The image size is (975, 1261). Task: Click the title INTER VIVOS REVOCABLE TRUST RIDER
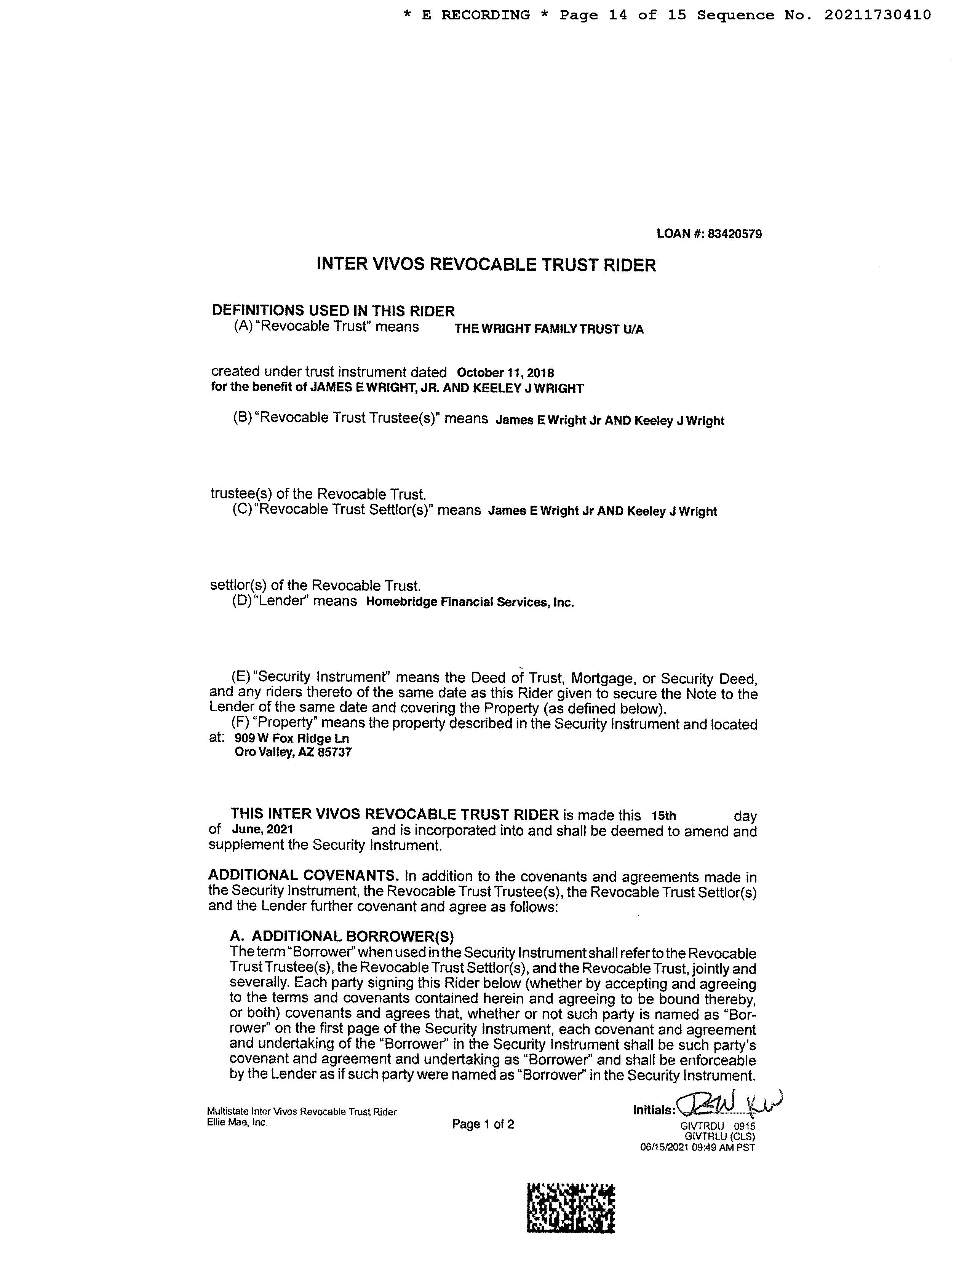tap(486, 265)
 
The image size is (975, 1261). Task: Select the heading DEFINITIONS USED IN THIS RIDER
tap(333, 311)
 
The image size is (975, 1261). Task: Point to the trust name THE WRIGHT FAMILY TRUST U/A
tap(549, 329)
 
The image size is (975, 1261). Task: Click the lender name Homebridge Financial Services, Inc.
tap(470, 602)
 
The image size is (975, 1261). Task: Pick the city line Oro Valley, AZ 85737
tap(293, 752)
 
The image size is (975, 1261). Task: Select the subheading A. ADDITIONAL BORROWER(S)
tap(342, 936)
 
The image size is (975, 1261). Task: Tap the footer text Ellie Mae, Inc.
tap(237, 1122)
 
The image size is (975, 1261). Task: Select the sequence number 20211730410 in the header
tap(877, 15)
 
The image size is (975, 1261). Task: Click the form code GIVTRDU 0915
tap(718, 1126)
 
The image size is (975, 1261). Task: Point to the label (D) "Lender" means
tap(294, 601)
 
